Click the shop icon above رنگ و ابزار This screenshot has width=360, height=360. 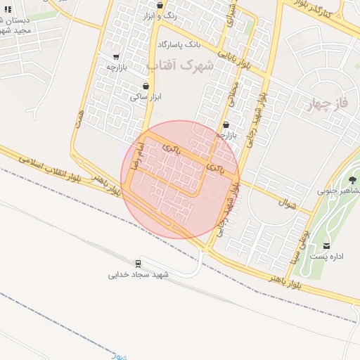(160, 5)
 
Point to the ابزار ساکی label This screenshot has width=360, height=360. (145, 97)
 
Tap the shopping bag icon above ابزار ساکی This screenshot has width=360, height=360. (146, 86)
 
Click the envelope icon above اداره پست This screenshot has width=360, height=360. (327, 246)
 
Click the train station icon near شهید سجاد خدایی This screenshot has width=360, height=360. (138, 264)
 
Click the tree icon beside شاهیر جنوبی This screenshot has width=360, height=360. (352, 180)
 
